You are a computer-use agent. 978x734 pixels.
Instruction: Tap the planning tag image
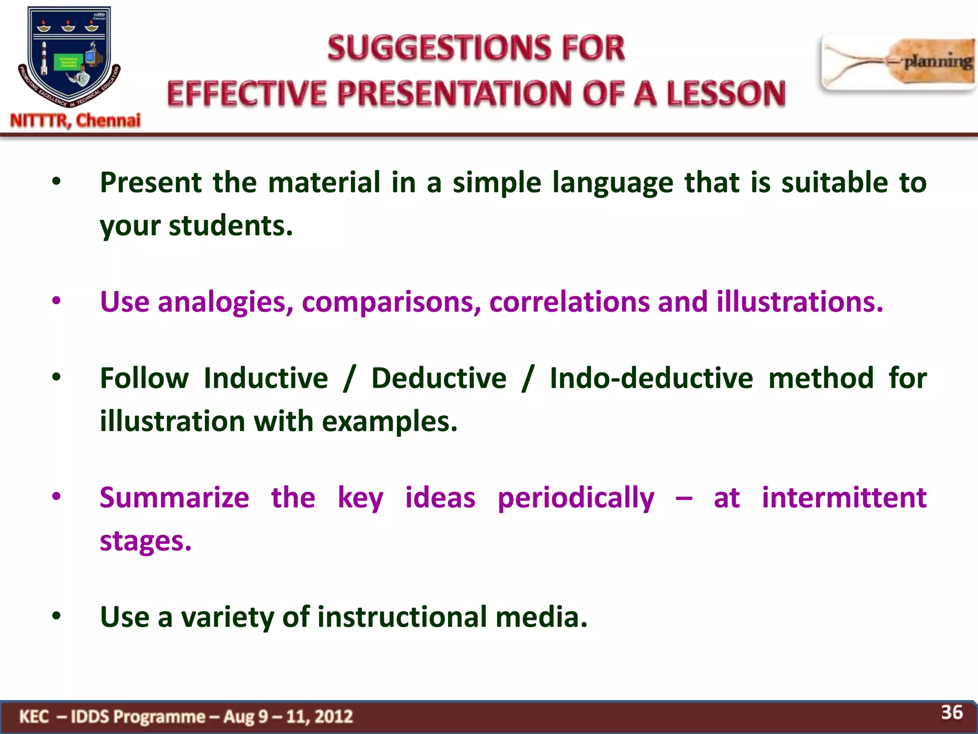click(x=898, y=62)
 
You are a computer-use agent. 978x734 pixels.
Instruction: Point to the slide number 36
click(x=952, y=712)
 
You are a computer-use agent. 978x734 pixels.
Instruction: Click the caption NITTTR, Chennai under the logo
click(x=75, y=120)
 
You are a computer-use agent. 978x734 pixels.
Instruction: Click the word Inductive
click(x=266, y=378)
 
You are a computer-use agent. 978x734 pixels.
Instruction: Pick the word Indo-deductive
click(x=651, y=378)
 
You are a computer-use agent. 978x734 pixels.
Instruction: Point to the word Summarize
click(x=174, y=498)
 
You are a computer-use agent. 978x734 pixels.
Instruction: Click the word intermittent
click(x=844, y=498)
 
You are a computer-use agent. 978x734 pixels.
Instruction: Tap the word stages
click(x=146, y=541)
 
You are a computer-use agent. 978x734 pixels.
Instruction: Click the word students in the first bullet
click(x=231, y=226)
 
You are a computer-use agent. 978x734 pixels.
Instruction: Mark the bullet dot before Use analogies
click(x=56, y=301)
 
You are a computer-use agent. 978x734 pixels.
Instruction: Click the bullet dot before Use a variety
click(x=56, y=616)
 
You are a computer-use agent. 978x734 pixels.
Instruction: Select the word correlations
click(x=569, y=302)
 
